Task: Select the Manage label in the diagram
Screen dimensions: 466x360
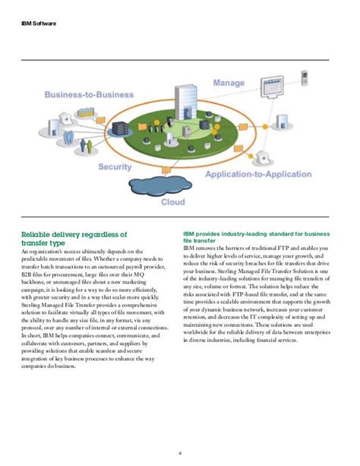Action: pyautogui.click(x=229, y=82)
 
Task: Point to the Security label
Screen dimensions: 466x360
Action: pyautogui.click(x=115, y=166)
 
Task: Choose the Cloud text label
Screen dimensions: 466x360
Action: pyautogui.click(x=172, y=202)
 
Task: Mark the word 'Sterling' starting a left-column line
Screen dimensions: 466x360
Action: pyautogui.click(x=33, y=312)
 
